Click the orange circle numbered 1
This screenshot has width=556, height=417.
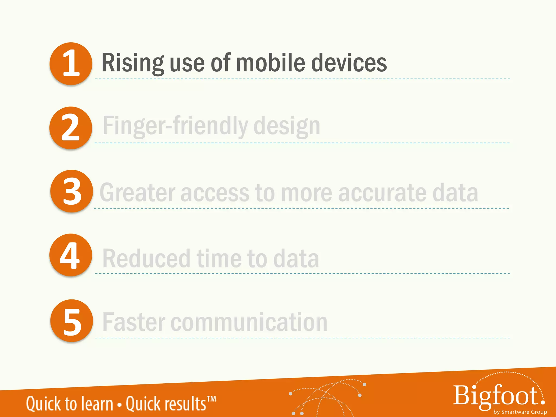point(71,64)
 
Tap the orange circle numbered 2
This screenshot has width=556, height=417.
point(71,128)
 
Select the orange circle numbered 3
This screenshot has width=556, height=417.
point(72,191)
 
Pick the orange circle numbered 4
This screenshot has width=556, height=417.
point(71,255)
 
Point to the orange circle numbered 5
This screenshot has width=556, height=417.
point(72,321)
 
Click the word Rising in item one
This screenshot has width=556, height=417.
point(133,63)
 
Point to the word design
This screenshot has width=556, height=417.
point(287,126)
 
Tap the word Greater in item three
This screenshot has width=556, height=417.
point(137,192)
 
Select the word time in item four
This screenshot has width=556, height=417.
point(219,258)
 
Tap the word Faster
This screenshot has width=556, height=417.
point(134,322)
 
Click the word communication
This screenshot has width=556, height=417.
point(249,322)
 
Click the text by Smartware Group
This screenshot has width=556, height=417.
point(520,412)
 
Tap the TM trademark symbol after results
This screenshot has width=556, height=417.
point(211,399)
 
